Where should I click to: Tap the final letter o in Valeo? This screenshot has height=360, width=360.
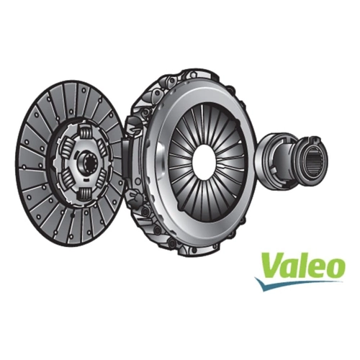point(336,269)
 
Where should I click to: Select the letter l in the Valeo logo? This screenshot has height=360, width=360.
point(303,264)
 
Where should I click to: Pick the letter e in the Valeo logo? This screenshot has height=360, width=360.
point(317,269)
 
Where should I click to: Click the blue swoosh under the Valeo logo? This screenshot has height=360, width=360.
point(297,284)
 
